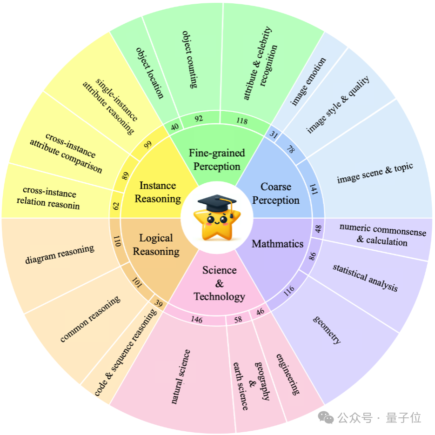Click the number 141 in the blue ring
314,189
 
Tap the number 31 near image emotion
274,134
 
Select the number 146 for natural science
196,319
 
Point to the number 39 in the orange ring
158,303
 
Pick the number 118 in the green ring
242,120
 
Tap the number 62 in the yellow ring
116,206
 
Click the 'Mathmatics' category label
277,244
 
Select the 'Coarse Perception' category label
276,194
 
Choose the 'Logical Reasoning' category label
156,245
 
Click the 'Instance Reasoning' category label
158,192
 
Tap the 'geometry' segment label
327,330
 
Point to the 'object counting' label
190,60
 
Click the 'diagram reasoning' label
60,254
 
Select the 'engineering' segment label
288,374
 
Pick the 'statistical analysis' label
365,278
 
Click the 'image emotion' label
308,81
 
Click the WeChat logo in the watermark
326,418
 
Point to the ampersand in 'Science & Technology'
219,283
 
